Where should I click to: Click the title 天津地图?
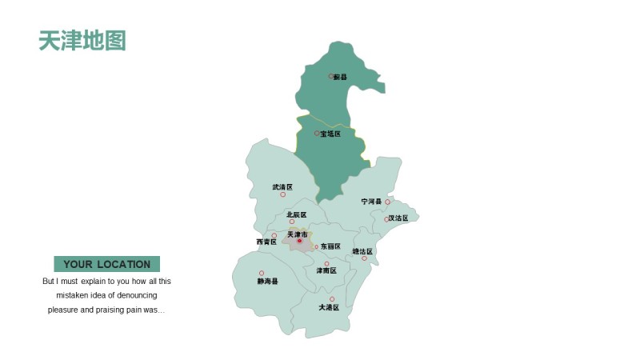pyautogui.click(x=82, y=40)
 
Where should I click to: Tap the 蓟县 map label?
pyautogui.click(x=342, y=78)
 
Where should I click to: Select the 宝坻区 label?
pyautogui.click(x=331, y=134)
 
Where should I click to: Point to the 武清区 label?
pyautogui.click(x=282, y=186)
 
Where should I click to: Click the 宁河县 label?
pyautogui.click(x=371, y=202)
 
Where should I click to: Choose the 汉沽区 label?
pyautogui.click(x=399, y=218)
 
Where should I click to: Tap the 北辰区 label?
pyautogui.click(x=297, y=214)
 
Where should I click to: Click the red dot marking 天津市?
pyautogui.click(x=300, y=241)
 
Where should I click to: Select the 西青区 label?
pyautogui.click(x=266, y=242)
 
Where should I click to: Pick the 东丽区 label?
pyautogui.click(x=331, y=246)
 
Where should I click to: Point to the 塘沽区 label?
pyautogui.click(x=362, y=251)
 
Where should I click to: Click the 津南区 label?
pyautogui.click(x=326, y=270)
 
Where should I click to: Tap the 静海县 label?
pyautogui.click(x=268, y=282)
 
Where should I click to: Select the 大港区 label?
pyautogui.click(x=329, y=307)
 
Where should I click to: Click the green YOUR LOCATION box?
pyautogui.click(x=106, y=264)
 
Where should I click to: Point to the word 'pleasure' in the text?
pyautogui.click(x=64, y=310)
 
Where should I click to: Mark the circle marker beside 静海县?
pyautogui.click(x=262, y=273)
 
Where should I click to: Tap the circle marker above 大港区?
pyautogui.click(x=332, y=299)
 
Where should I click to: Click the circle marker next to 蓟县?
pyautogui.click(x=330, y=77)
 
